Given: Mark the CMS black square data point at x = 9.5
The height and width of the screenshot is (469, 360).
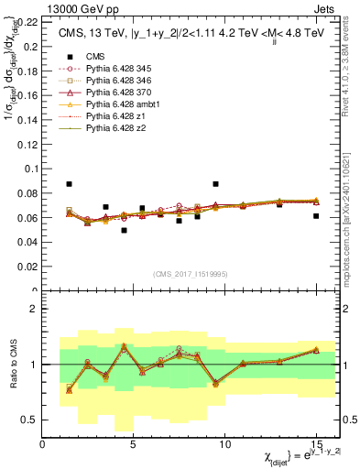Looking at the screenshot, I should click(215, 184).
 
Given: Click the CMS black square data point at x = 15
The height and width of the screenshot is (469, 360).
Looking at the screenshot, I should click(316, 216).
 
